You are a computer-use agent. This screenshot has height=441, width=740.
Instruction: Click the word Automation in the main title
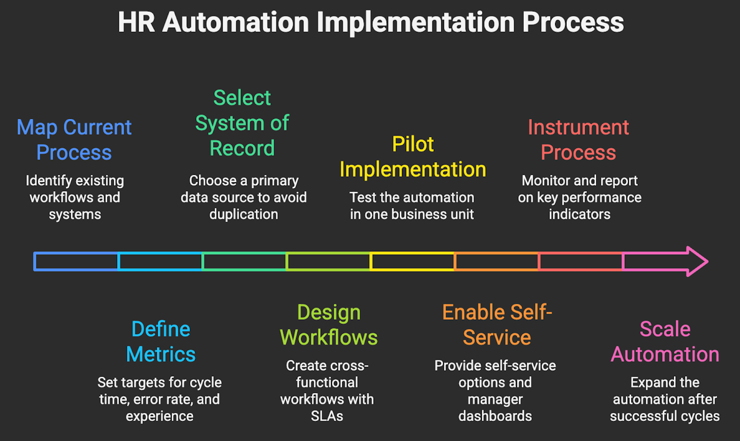point(235,22)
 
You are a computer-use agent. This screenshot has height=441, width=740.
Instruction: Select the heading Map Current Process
point(74,140)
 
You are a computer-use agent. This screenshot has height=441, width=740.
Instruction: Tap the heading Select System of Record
point(242,123)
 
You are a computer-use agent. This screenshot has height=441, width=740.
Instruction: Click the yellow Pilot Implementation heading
point(413,157)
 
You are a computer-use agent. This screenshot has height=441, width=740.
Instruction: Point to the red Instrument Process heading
point(578,140)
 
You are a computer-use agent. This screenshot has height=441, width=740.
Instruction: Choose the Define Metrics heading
point(160,342)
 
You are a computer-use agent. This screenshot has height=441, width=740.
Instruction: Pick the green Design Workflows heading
point(328,325)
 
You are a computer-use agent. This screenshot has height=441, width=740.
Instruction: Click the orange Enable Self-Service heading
point(497,325)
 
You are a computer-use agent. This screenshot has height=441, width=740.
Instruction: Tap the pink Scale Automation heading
point(665,342)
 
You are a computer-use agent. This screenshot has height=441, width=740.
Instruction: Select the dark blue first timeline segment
point(76,261)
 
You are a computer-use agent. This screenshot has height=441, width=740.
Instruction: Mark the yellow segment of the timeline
point(413,261)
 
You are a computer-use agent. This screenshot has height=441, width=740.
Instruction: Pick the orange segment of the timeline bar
point(497,261)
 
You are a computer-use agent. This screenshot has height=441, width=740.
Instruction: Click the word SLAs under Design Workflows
point(327,416)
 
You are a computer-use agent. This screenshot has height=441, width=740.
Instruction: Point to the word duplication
point(244,214)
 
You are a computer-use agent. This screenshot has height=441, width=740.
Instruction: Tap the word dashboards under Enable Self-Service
point(495,416)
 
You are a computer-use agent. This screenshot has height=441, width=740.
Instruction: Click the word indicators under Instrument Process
point(580,214)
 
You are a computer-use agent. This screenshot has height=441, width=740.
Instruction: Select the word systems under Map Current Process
point(75,215)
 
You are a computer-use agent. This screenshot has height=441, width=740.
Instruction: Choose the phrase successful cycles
point(665,416)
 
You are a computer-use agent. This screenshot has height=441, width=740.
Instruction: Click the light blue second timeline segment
point(160,261)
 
